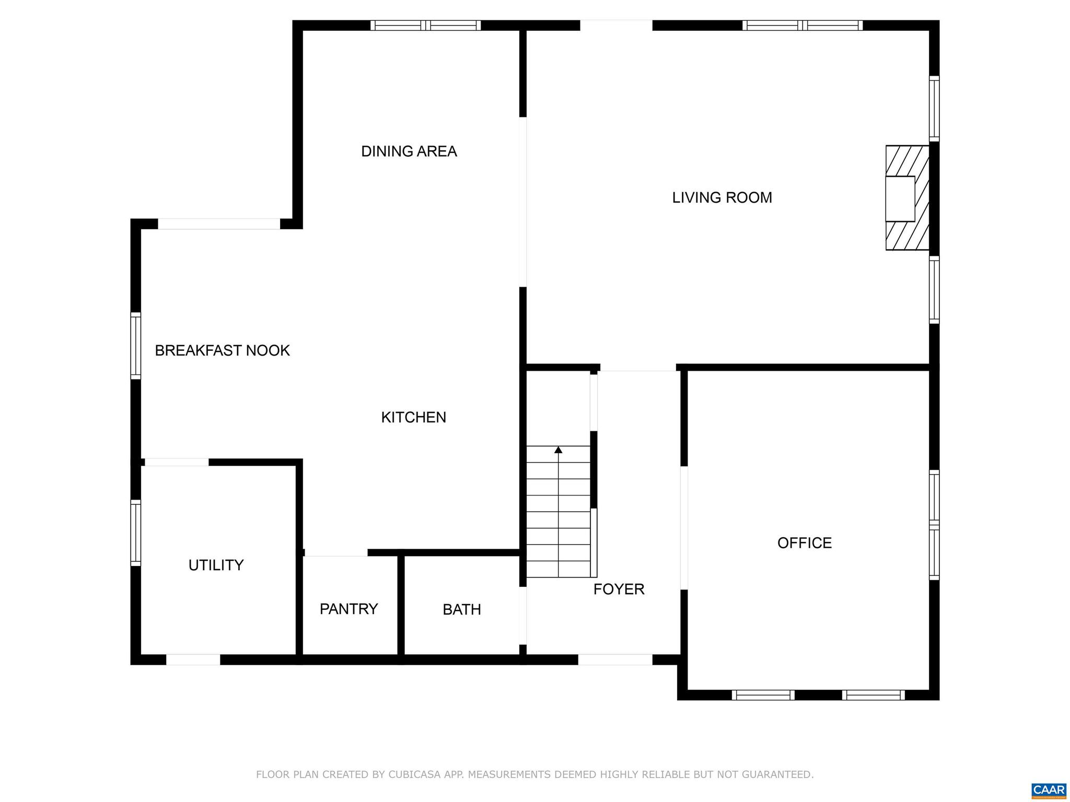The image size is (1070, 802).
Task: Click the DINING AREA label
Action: [409, 151]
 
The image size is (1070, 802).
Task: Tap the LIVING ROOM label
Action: [722, 197]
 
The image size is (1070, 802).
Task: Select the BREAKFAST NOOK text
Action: [222, 350]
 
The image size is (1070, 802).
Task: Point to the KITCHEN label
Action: [413, 417]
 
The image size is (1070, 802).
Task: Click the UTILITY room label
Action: [216, 565]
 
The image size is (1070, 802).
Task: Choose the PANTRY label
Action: [348, 609]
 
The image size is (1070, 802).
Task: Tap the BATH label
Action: [461, 609]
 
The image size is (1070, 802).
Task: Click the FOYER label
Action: [619, 589]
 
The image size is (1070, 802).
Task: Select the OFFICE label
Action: [804, 543]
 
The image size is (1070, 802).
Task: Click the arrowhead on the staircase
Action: [558, 450]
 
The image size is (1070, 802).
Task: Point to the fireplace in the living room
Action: [906, 198]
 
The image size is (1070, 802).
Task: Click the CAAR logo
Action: [1049, 789]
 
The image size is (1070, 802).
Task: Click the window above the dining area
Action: [425, 25]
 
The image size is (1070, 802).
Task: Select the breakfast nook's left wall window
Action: [136, 346]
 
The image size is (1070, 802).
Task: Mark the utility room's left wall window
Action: [136, 533]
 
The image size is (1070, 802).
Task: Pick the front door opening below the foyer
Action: [615, 659]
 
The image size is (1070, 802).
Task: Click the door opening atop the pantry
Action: [336, 553]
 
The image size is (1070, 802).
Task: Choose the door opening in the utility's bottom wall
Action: [193, 659]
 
